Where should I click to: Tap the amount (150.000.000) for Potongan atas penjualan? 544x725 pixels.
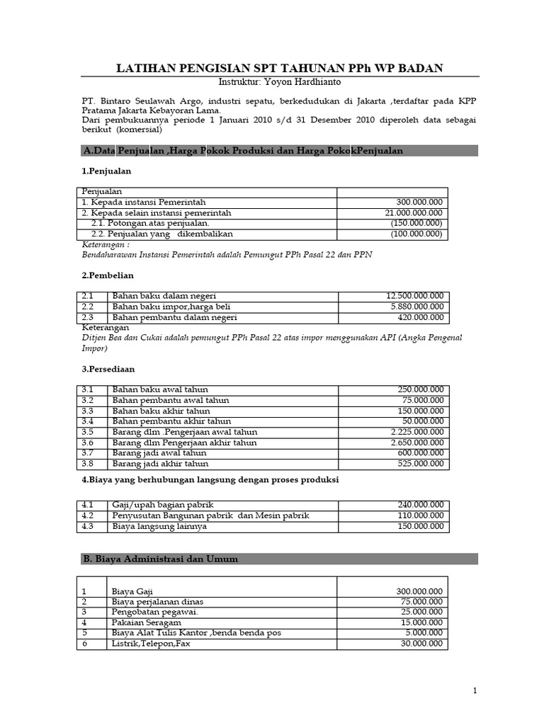[x=416, y=223]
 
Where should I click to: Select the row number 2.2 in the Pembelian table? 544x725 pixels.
[x=88, y=307]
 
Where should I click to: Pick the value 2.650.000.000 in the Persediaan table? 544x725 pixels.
[x=417, y=443]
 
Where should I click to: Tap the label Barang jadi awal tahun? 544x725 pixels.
[x=159, y=453]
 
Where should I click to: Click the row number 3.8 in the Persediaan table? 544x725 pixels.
[x=88, y=464]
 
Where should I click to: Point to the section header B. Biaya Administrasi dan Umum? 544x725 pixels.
[x=161, y=559]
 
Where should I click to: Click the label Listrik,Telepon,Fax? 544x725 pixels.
[x=151, y=644]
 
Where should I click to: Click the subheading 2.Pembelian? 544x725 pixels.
[x=108, y=275]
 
